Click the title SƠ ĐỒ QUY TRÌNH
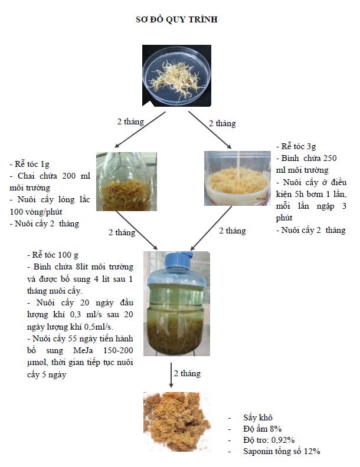(x=176, y=19)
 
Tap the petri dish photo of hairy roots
(x=176, y=75)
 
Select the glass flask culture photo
(x=126, y=182)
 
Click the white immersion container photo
(x=237, y=178)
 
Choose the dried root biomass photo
(x=176, y=422)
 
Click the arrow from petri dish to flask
(x=140, y=130)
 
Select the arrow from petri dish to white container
(x=210, y=130)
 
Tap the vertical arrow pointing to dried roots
(x=171, y=375)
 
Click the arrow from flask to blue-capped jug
(x=137, y=230)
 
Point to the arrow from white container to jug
(x=211, y=228)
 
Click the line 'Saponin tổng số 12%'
(x=282, y=451)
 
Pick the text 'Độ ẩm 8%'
(x=262, y=429)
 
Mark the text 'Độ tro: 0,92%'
(x=269, y=440)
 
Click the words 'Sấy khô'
(x=258, y=417)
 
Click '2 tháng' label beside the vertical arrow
(x=187, y=373)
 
